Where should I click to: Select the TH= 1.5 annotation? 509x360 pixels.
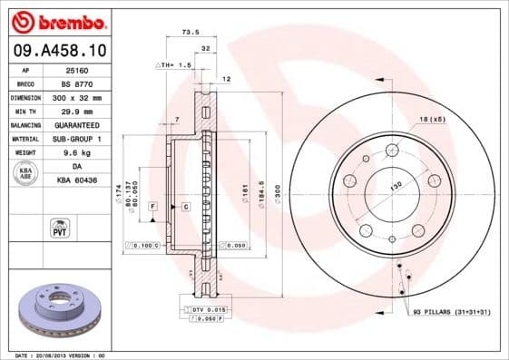(x=175, y=65)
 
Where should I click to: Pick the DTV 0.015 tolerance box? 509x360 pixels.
(x=208, y=311)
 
